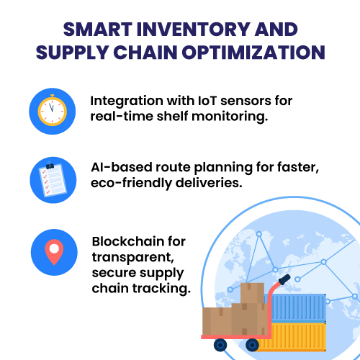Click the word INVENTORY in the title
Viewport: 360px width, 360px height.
tap(194, 30)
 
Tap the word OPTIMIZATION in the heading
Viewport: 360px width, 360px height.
tap(253, 53)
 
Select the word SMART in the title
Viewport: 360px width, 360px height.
tap(98, 30)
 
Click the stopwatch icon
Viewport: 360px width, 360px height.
tap(53, 110)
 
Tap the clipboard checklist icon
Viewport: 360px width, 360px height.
tap(53, 179)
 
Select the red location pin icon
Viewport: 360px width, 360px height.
tap(54, 252)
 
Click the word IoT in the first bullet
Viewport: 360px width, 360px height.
tap(207, 101)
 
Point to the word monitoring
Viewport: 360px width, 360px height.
tap(230, 117)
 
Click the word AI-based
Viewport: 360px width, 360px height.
tap(122, 167)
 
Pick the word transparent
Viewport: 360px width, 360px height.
tap(132, 258)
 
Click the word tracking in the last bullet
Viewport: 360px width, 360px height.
tap(161, 289)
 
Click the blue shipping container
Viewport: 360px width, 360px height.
tap(298, 308)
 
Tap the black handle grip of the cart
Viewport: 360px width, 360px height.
tap(284, 279)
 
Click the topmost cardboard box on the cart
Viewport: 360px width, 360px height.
tap(252, 293)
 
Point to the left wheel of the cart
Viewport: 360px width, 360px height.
tap(220, 345)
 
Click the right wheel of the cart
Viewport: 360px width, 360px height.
tap(252, 345)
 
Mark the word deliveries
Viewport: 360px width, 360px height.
tap(209, 183)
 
